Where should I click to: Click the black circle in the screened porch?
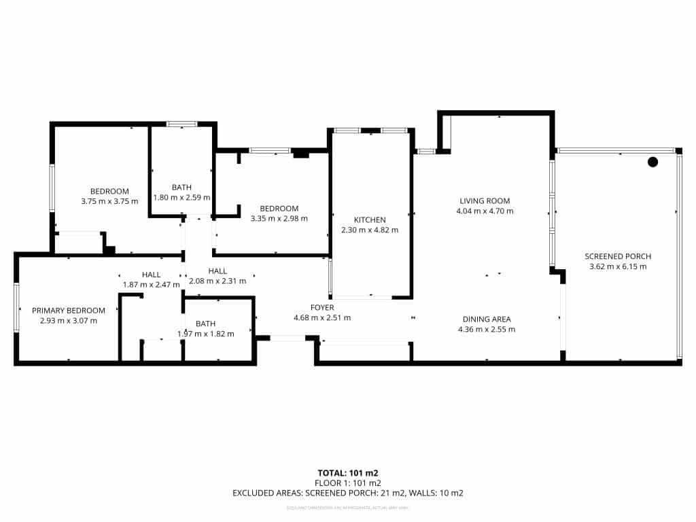click(652, 162)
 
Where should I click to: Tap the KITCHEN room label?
click(370, 220)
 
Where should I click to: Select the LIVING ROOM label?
click(485, 201)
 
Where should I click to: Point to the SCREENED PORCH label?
click(618, 256)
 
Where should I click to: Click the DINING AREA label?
click(487, 319)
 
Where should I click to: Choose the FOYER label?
click(323, 307)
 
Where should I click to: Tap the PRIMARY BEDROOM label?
click(69, 311)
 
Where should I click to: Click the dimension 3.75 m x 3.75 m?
click(109, 201)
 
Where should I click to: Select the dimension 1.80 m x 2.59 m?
click(181, 197)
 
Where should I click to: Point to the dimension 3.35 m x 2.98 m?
click(279, 218)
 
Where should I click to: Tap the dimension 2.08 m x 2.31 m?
click(217, 281)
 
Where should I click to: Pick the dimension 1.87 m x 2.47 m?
click(151, 284)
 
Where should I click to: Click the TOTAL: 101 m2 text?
click(348, 472)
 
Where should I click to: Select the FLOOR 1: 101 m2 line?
click(348, 483)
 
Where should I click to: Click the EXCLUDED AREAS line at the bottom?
click(348, 493)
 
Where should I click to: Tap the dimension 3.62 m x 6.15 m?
click(618, 266)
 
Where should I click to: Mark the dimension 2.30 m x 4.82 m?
click(370, 230)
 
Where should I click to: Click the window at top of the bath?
click(181, 124)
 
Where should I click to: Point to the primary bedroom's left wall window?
click(16, 307)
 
